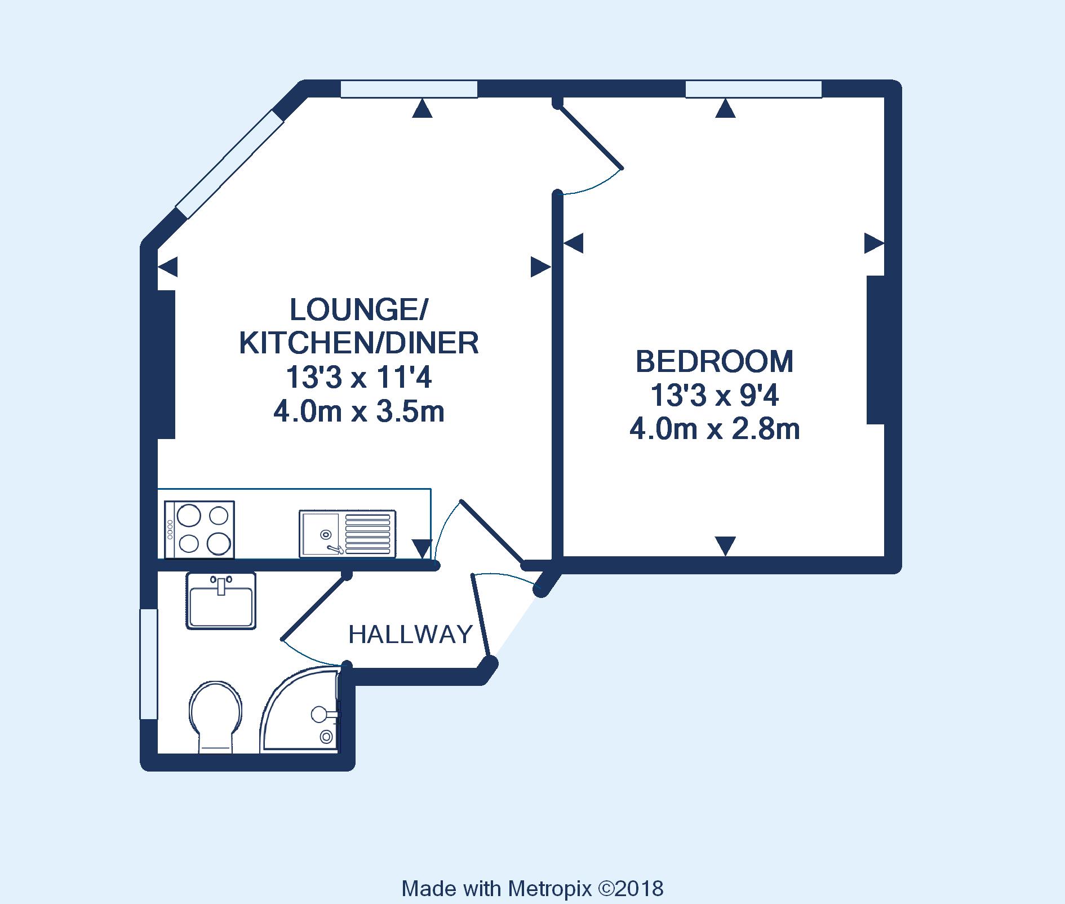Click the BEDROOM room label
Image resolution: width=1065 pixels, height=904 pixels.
click(715, 362)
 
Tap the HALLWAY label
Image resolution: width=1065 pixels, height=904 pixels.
click(410, 635)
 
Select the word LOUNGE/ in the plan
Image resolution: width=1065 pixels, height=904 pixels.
click(360, 309)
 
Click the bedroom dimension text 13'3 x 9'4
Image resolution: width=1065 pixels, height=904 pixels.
click(715, 396)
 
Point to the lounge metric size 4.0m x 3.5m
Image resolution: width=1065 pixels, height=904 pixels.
click(359, 413)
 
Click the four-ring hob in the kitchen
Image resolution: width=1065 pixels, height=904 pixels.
click(199, 529)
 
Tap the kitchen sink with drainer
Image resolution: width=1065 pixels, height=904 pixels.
click(348, 533)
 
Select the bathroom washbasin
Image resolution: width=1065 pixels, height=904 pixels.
click(221, 600)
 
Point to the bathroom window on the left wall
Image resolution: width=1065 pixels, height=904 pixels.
click(149, 663)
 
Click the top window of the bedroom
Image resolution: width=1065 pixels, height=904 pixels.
click(753, 89)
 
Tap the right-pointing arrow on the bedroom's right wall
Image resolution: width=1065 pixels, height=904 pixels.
click(874, 243)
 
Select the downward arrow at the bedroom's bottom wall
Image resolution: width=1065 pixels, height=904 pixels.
click(725, 546)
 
